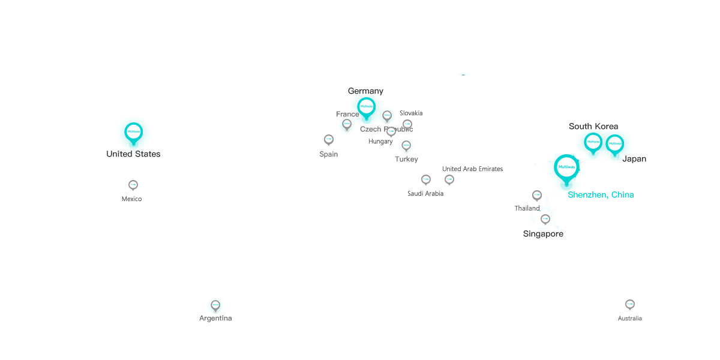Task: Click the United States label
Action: coord(133,154)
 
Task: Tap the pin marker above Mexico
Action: coord(133,185)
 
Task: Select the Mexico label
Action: coord(131,199)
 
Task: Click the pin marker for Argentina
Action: coord(215,305)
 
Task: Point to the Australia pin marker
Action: coord(630,305)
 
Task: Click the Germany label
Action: coord(365,91)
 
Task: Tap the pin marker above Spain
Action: coord(329,140)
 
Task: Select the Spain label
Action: coord(328,154)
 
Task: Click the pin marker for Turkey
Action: coord(406,145)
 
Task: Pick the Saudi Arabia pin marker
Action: coord(426,179)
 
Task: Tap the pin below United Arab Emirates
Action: coord(449,180)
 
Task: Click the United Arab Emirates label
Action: coord(472,169)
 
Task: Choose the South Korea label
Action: coord(593,127)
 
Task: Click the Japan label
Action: coord(634,159)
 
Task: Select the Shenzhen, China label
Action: coord(598,195)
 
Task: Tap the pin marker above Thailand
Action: coord(537,196)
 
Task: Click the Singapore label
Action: coord(543,234)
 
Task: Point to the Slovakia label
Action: coord(411,113)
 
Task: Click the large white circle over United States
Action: coord(133,131)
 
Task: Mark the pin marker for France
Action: coord(347,125)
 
